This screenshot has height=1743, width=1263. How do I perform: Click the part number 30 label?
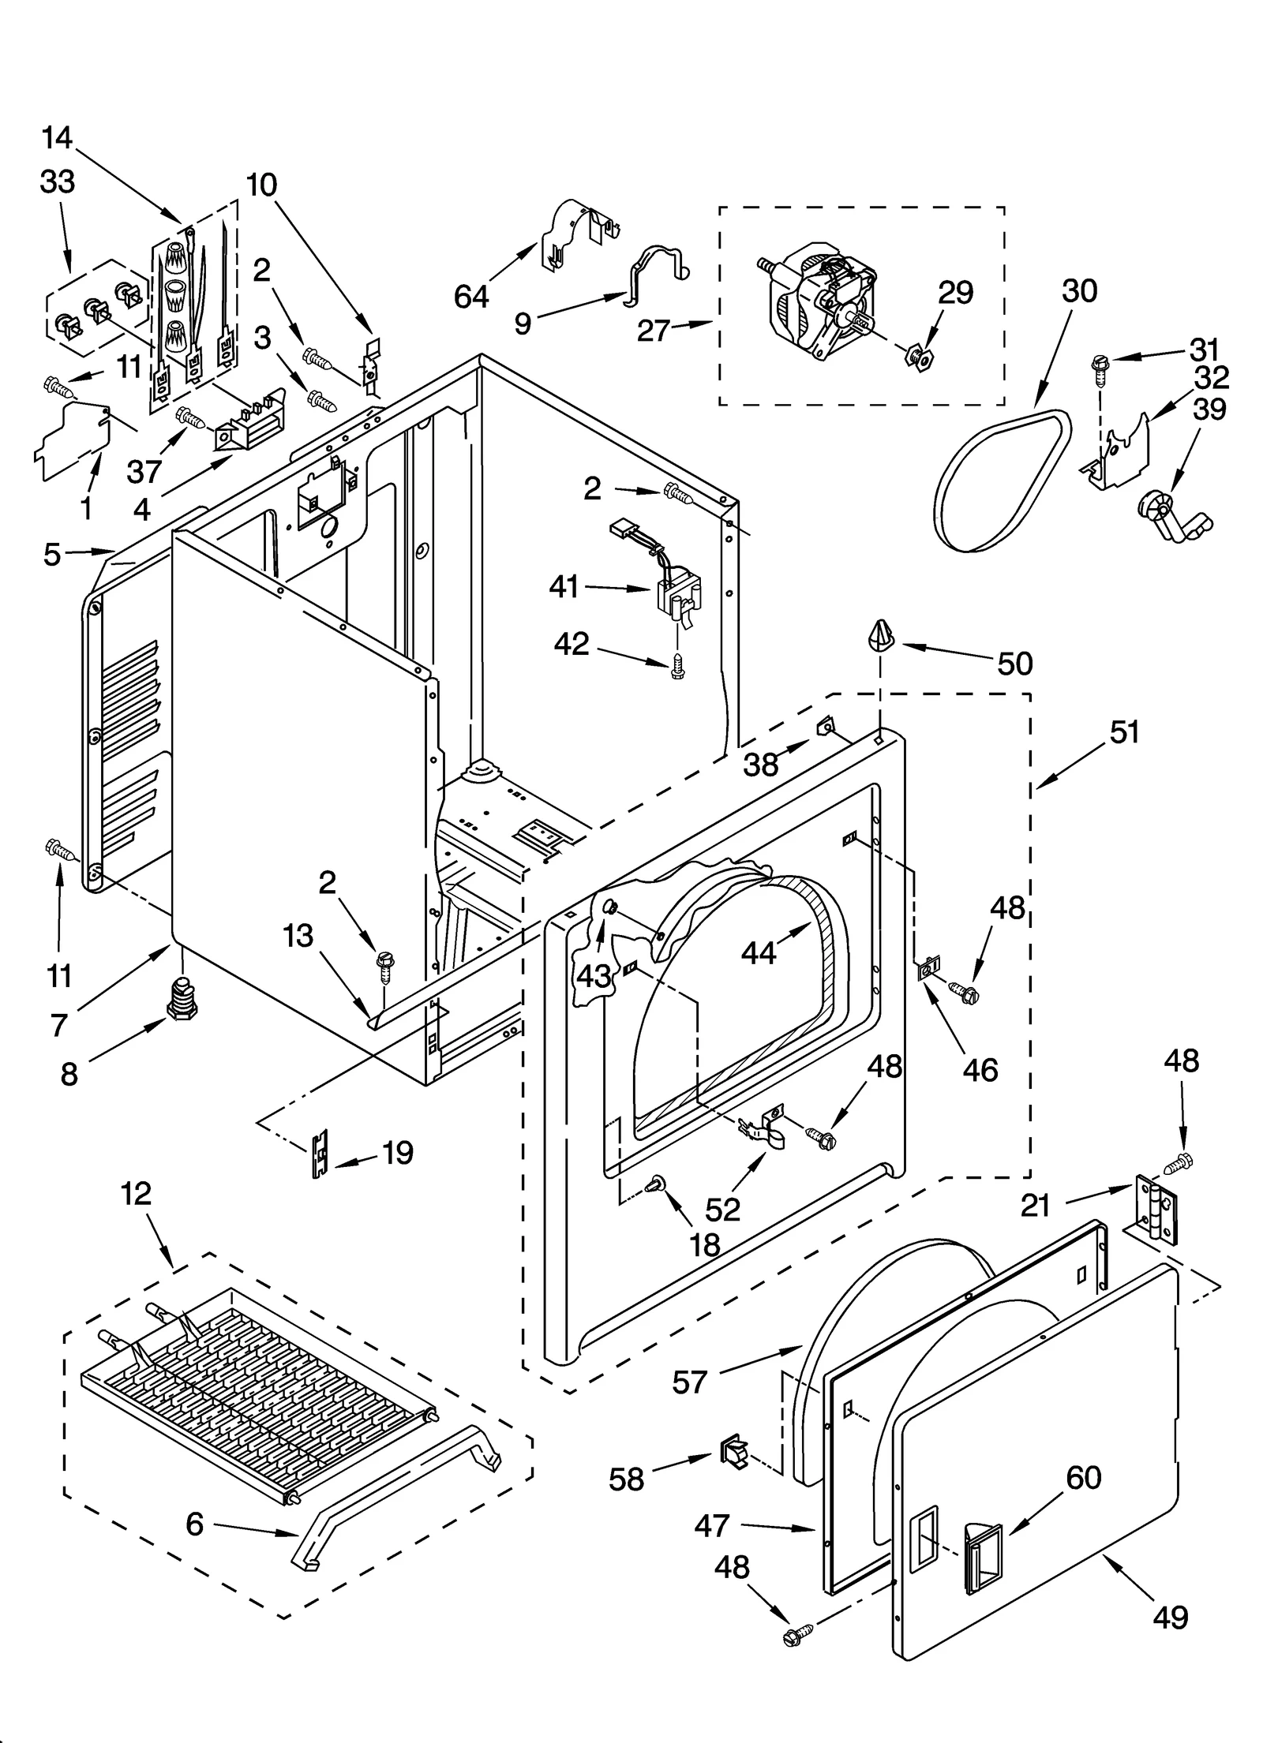[x=1078, y=291]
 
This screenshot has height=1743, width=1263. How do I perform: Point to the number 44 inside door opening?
[x=759, y=953]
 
